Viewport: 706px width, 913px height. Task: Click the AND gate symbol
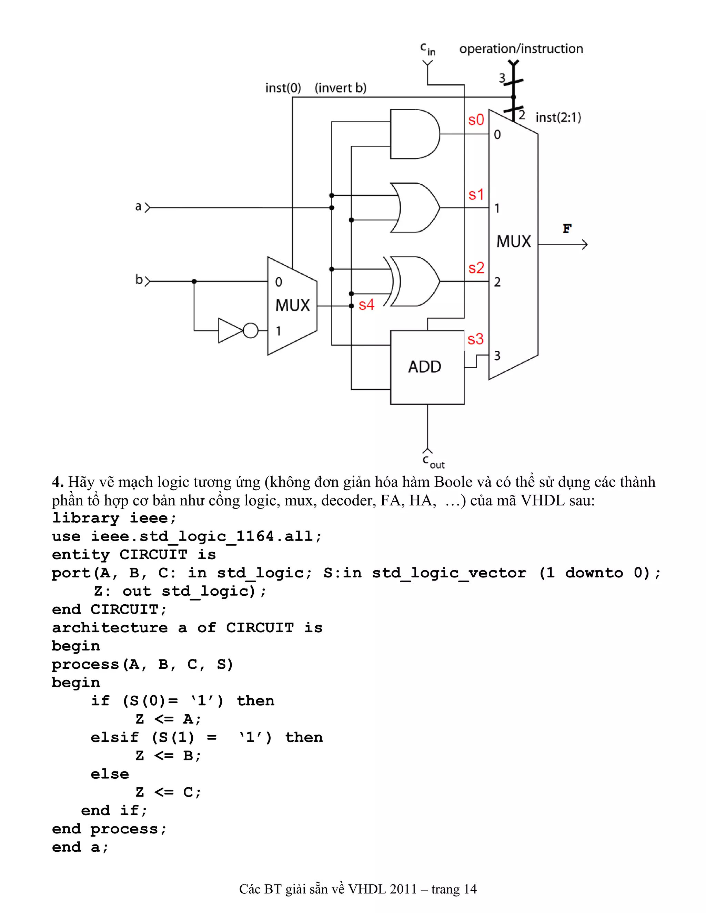(414, 134)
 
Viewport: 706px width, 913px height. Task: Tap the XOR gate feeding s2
(414, 281)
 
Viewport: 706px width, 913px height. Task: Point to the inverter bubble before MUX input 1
(251, 331)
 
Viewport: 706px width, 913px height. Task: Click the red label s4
(366, 305)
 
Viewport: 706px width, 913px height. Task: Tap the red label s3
(475, 339)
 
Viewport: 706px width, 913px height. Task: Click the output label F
(567, 229)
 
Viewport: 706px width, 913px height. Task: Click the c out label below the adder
(433, 462)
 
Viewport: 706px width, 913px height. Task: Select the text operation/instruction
(521, 49)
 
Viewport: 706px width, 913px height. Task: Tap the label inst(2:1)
(558, 117)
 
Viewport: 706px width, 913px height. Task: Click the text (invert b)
(341, 88)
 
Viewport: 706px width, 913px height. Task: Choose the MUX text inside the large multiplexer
(513, 242)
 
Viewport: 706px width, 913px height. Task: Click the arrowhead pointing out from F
(585, 245)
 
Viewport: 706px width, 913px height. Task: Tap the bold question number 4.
(57, 482)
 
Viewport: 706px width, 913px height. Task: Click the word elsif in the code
(114, 737)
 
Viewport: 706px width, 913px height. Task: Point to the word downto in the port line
(594, 573)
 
